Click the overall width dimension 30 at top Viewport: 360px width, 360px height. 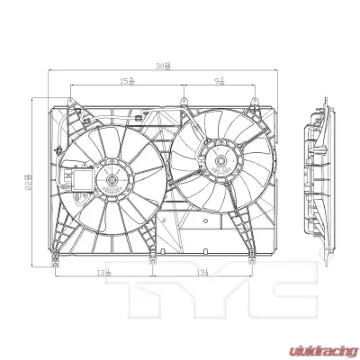click(162, 67)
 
